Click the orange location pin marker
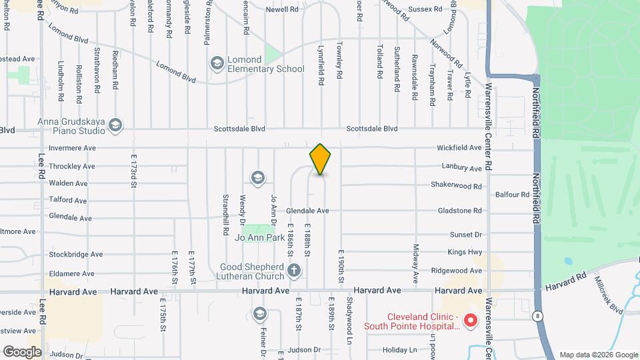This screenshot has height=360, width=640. [320, 159]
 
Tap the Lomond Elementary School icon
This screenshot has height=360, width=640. [217, 63]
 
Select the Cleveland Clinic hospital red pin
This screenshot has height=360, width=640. [469, 321]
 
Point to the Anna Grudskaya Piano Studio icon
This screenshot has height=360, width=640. [115, 125]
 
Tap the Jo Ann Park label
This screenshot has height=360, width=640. [264, 237]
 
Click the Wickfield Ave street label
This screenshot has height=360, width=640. [459, 147]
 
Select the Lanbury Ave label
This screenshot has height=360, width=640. [461, 168]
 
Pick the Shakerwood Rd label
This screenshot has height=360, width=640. [456, 186]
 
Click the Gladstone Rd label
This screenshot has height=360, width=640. [459, 211]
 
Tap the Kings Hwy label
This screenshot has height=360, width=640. [465, 252]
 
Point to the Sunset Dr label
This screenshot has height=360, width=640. [465, 235]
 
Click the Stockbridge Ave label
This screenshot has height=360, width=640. [75, 254]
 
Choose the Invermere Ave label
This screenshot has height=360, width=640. [72, 148]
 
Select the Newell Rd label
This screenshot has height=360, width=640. [282, 9]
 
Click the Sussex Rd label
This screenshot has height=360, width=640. [425, 9]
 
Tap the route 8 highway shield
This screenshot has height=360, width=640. [538, 315]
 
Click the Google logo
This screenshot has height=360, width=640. [22, 351]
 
